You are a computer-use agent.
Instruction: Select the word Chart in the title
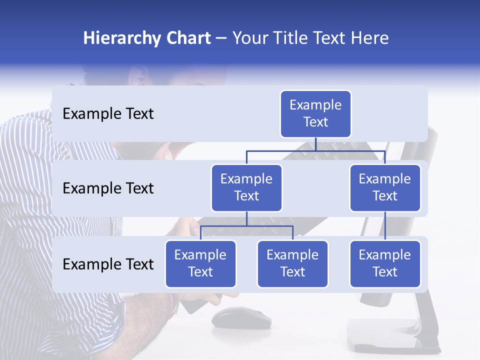click(186, 38)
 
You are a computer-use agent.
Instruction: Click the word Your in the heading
click(249, 38)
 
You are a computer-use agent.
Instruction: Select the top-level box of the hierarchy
click(315, 114)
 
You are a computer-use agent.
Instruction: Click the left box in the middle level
click(246, 187)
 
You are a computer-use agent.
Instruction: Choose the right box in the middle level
click(385, 187)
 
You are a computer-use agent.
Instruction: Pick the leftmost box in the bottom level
click(200, 263)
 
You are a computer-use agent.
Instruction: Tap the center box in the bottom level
click(292, 263)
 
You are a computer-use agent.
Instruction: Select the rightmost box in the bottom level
click(385, 263)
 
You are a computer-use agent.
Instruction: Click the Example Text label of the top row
click(108, 114)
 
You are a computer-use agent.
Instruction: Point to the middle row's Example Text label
click(108, 188)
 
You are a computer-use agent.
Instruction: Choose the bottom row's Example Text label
click(108, 264)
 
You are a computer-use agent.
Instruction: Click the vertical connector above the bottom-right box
click(385, 226)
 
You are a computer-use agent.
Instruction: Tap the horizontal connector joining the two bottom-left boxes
click(246, 226)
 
